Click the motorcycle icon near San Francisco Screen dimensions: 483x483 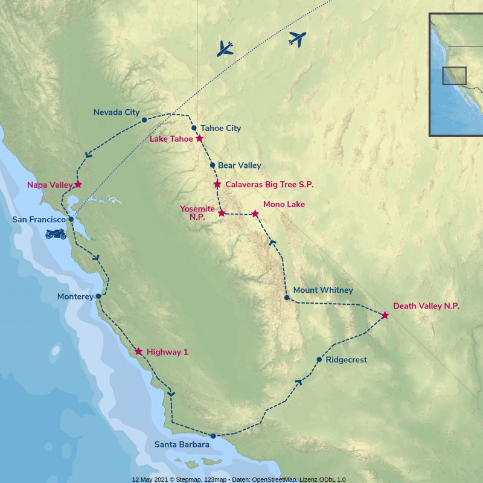[x=55, y=234]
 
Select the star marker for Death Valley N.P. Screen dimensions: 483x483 [x=385, y=315]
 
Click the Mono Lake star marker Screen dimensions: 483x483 [x=255, y=214]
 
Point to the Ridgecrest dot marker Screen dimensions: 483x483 [x=319, y=360]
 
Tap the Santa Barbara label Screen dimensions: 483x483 [x=182, y=445]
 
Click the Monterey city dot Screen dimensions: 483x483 [x=98, y=296]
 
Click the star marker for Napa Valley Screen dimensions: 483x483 [x=78, y=184]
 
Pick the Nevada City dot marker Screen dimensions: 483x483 [x=144, y=120]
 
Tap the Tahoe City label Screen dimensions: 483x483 [x=220, y=128]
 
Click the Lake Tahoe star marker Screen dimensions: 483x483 [x=200, y=138]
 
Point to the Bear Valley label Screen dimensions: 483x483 [x=240, y=165]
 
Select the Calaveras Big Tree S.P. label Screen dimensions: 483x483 [x=269, y=184]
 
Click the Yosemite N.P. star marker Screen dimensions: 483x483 [x=222, y=213]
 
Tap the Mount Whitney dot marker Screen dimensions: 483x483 [x=287, y=298]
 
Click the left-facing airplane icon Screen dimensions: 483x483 [x=225, y=48]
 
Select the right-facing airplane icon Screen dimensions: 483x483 [x=297, y=39]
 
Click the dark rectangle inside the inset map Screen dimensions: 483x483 [x=454, y=75]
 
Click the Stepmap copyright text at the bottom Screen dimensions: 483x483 [x=239, y=479]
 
